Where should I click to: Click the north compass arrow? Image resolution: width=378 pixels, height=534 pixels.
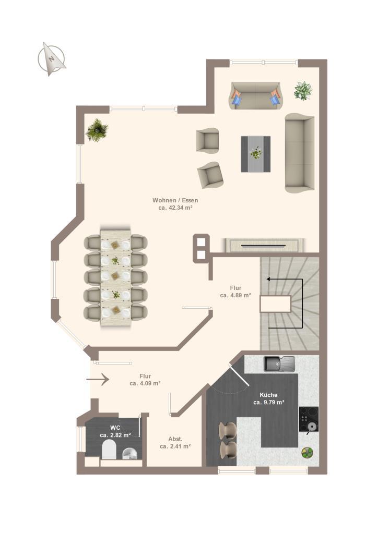52,59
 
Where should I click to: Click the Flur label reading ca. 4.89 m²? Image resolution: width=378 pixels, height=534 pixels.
235,292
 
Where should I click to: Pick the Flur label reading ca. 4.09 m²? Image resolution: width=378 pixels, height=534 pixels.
145,380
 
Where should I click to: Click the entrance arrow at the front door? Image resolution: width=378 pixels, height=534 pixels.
98,379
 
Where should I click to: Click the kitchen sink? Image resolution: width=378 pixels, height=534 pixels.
279,363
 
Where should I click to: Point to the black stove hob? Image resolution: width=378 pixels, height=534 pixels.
309,419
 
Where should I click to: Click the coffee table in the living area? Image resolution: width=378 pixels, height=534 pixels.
256,154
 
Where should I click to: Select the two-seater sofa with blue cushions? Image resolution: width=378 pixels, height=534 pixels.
256,95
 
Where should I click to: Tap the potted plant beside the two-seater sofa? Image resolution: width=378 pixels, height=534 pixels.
303,91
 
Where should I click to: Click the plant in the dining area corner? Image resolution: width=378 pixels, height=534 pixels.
97,130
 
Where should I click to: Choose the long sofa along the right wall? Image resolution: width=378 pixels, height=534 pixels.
300,153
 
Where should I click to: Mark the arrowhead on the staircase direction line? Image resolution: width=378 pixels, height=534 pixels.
268,280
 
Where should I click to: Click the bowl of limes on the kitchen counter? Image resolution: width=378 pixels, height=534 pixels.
307,453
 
